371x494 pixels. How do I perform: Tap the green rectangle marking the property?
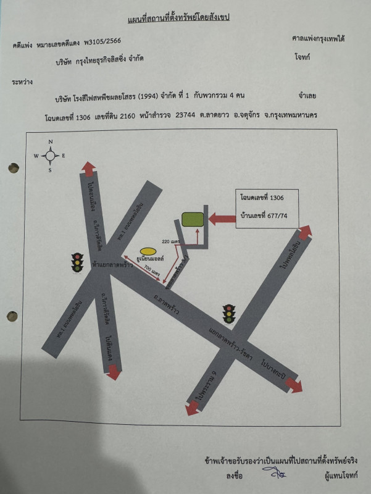pyautogui.click(x=193, y=219)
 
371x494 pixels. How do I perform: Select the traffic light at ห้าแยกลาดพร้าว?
pyautogui.click(x=77, y=262)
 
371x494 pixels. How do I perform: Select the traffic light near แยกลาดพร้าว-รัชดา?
pyautogui.click(x=230, y=314)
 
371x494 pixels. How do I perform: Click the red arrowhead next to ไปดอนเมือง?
pyautogui.click(x=88, y=168)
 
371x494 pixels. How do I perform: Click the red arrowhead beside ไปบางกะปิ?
pyautogui.click(x=294, y=385)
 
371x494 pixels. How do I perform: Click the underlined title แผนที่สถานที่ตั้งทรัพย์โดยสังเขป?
pyautogui.click(x=178, y=18)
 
